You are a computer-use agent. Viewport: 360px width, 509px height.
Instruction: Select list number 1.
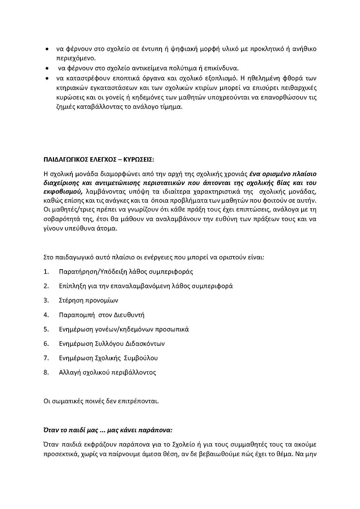coord(46,272)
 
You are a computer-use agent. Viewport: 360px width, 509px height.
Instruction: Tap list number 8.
coord(46,372)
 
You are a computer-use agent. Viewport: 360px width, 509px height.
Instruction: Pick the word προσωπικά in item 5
coord(173,329)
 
